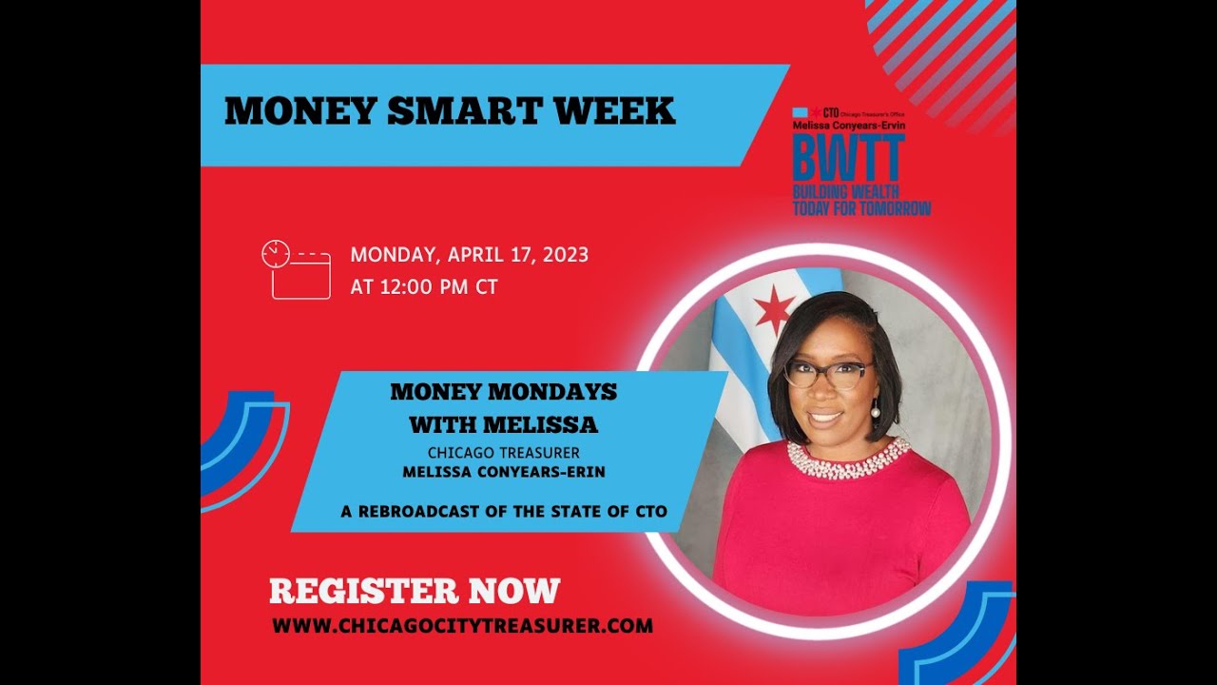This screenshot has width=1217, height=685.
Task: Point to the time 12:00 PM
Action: (x=425, y=286)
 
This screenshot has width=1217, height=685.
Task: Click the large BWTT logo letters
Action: (x=848, y=158)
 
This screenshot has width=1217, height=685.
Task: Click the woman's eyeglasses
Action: (x=826, y=373)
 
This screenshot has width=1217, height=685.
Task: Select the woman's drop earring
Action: (x=875, y=410)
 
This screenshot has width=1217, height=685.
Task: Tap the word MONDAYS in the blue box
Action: (x=558, y=392)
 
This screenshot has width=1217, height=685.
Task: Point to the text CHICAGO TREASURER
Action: (x=503, y=453)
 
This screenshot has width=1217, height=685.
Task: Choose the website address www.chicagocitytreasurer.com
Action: (x=462, y=626)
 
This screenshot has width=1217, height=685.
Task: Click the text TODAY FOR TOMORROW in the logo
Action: (x=861, y=208)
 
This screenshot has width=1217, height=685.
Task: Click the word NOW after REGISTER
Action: (x=513, y=591)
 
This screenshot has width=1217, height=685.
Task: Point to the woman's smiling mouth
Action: (x=825, y=416)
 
